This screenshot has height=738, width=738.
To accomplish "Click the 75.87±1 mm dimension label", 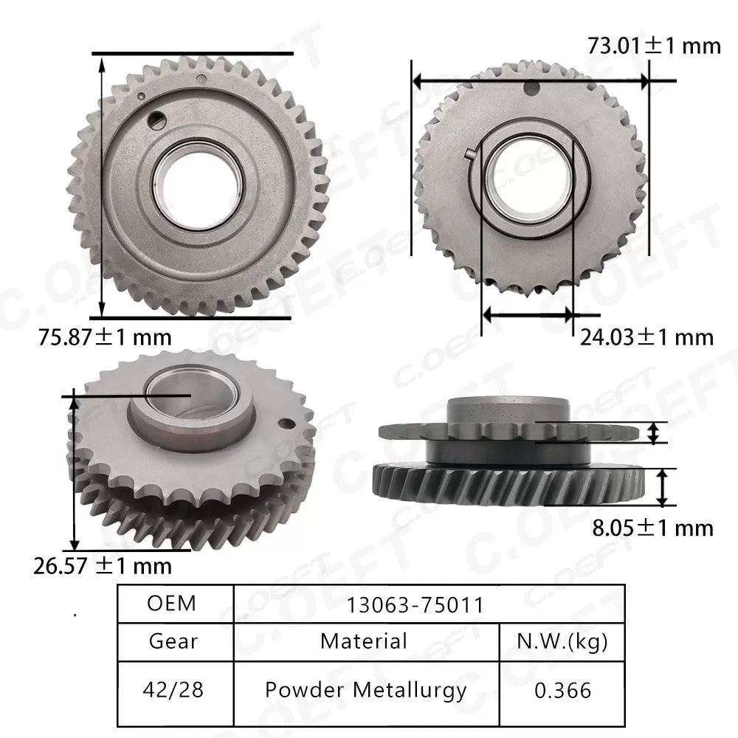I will [x=104, y=338].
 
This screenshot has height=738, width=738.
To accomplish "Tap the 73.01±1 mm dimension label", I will [x=654, y=46].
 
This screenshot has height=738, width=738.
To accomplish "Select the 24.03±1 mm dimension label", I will [x=646, y=337].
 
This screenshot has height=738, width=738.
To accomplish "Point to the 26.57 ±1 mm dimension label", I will [x=103, y=566].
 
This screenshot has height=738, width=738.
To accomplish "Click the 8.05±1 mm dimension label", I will [x=654, y=528].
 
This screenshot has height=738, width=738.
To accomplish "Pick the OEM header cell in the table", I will [x=172, y=603].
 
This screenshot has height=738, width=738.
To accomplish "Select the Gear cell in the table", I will [x=173, y=641].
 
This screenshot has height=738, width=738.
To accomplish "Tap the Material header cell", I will [x=364, y=641].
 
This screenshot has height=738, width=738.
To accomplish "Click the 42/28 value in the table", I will [x=174, y=690].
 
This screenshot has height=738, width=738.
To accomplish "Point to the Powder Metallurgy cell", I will [x=366, y=690].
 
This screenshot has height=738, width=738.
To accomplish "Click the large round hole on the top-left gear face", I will [x=156, y=119].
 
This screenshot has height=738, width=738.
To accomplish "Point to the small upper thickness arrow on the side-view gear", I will [x=653, y=432].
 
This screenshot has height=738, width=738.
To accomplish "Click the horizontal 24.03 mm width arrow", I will [x=527, y=314].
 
